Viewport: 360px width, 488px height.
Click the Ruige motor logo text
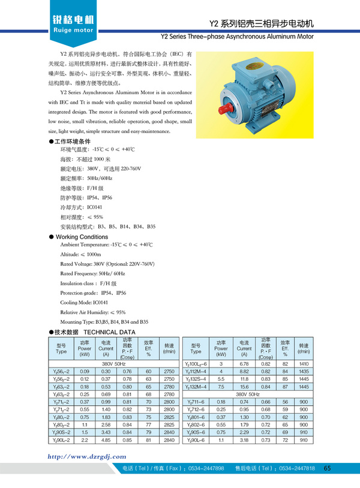point(73,29)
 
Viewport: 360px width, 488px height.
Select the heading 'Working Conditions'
point(82,237)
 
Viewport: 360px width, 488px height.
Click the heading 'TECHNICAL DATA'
point(109,332)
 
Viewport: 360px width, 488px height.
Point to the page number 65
point(327,468)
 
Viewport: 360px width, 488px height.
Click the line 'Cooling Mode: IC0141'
point(84,303)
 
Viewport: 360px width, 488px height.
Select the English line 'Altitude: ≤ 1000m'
point(80,254)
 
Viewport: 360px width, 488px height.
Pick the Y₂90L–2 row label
point(61,440)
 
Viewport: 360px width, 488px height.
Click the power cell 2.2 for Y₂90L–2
point(84,440)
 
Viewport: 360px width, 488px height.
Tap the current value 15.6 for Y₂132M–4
point(244,387)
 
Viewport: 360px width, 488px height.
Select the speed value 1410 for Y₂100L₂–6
point(304,364)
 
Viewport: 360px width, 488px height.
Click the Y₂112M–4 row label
point(196,372)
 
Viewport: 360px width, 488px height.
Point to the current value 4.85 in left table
point(106,440)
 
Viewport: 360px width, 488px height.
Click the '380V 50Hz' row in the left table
point(113,364)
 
